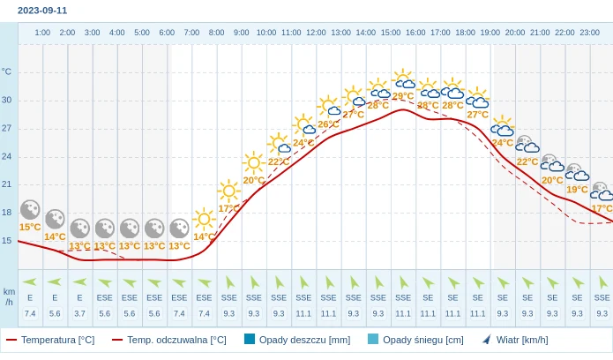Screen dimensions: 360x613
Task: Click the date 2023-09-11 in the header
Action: point(42,11)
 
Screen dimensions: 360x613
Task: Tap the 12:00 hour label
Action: point(316,33)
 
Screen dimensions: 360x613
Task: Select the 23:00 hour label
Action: point(589,33)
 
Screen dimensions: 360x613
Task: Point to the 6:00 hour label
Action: point(167,33)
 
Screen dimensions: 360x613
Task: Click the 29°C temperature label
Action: point(403,96)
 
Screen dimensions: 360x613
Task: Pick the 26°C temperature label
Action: point(328,124)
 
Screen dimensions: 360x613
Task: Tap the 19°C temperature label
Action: point(577,189)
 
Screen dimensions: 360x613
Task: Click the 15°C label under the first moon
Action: point(30,227)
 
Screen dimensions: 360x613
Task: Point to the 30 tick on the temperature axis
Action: point(7,100)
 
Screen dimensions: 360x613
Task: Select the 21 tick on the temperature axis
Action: point(7,184)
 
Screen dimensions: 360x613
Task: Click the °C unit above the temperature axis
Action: point(7,71)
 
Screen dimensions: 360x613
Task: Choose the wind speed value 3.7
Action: point(79,313)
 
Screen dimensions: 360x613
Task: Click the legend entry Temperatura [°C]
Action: point(50,340)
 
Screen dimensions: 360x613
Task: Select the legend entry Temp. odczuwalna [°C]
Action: point(169,340)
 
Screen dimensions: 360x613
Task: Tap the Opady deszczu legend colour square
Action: point(250,339)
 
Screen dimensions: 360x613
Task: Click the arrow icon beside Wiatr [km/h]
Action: point(486,339)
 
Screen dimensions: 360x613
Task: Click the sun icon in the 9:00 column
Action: point(254,161)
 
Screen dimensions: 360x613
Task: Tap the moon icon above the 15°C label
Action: point(30,209)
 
